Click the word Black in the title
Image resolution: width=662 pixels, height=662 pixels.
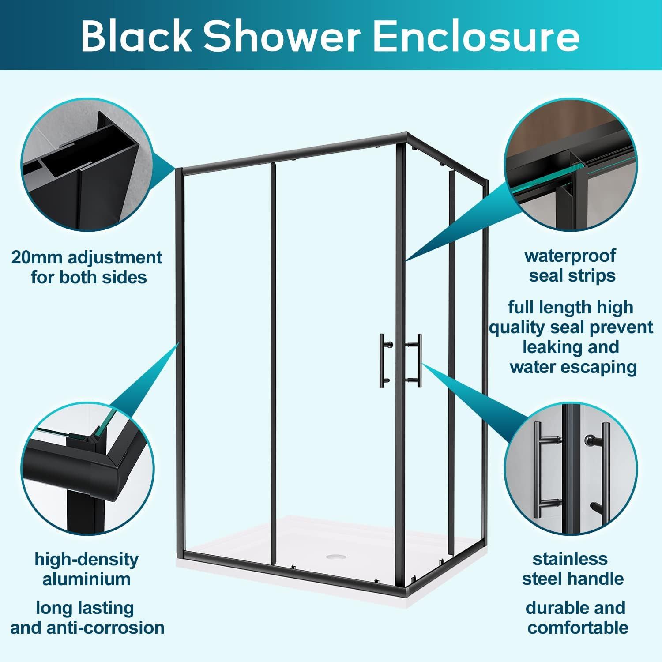point(136,36)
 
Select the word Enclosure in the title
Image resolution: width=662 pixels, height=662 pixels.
point(476,36)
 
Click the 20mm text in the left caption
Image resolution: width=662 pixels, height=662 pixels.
point(37,257)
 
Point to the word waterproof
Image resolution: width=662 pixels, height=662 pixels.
point(570,256)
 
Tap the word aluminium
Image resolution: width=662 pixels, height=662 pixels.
point(87,579)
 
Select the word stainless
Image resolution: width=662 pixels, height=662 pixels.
point(570,559)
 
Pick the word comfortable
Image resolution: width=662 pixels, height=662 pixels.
point(578,628)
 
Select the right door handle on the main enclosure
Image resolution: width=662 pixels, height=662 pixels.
point(416,360)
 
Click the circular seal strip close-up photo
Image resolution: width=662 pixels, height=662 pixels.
point(570,164)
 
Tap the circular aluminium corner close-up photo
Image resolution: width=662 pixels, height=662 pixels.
point(88,469)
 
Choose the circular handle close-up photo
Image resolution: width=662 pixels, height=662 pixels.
point(571,469)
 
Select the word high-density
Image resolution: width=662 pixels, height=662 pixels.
point(87,559)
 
